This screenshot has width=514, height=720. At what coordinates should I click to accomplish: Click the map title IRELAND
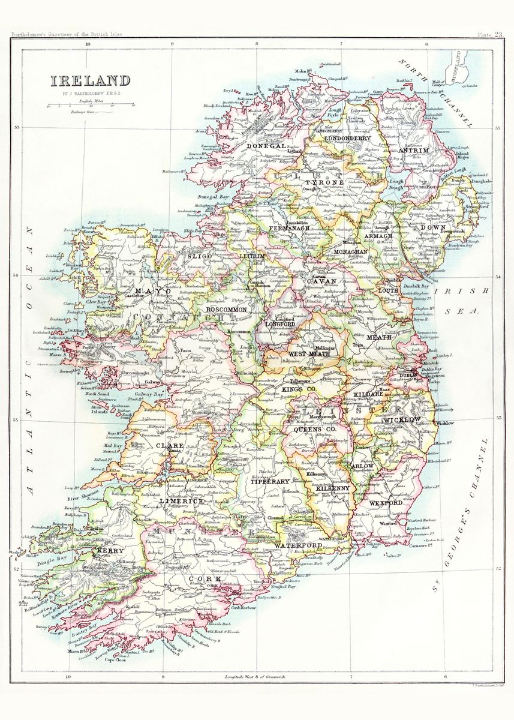point(89,81)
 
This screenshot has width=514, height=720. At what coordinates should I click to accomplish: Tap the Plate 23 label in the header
point(490,35)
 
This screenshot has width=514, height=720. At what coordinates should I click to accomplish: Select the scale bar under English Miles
point(90,106)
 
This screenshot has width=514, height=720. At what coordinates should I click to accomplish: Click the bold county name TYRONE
point(325,182)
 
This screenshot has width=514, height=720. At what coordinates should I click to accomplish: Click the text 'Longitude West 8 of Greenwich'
point(254,677)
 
